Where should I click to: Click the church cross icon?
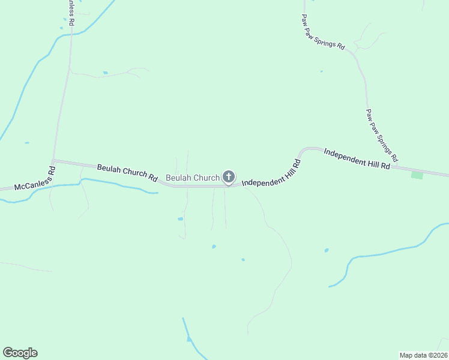click(228, 176)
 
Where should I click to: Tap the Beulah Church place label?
click(193, 178)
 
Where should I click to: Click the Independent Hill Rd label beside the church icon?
click(271, 173)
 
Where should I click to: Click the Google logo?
click(20, 353)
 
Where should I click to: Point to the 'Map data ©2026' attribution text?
click(423, 355)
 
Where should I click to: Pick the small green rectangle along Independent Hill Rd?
click(417, 175)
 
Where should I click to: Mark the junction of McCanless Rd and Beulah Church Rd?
click(53, 160)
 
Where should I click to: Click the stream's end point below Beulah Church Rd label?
click(157, 193)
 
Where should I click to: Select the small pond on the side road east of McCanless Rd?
click(105, 73)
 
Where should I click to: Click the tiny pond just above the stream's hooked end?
click(327, 250)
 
